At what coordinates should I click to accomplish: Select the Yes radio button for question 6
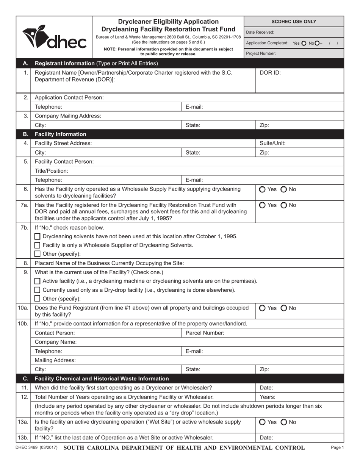pyautogui.click(x=263, y=189)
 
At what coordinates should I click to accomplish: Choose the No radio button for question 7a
pyautogui.click(x=284, y=205)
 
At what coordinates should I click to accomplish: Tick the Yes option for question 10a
pyautogui.click(x=263, y=308)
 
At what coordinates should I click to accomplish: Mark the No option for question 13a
pyautogui.click(x=284, y=422)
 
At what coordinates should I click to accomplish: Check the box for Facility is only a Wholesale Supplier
pyautogui.click(x=38, y=245)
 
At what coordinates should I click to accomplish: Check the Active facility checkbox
pyautogui.click(x=38, y=281)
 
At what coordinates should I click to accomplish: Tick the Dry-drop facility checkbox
pyautogui.click(x=38, y=290)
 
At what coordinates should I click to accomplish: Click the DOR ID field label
pyautogui.click(x=270, y=73)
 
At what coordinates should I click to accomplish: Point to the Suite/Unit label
pyautogui.click(x=272, y=143)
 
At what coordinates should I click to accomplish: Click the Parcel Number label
pyautogui.click(x=205, y=333)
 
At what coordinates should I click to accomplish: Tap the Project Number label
pyautogui.click(x=261, y=53)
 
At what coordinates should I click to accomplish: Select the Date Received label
pyautogui.click(x=260, y=33)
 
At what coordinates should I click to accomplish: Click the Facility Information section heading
pyautogui.click(x=60, y=134)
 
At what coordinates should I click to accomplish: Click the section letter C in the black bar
pyautogui.click(x=25, y=378)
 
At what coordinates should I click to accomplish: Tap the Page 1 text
pyautogui.click(x=337, y=448)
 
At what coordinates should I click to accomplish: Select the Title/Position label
pyautogui.click(x=52, y=171)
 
